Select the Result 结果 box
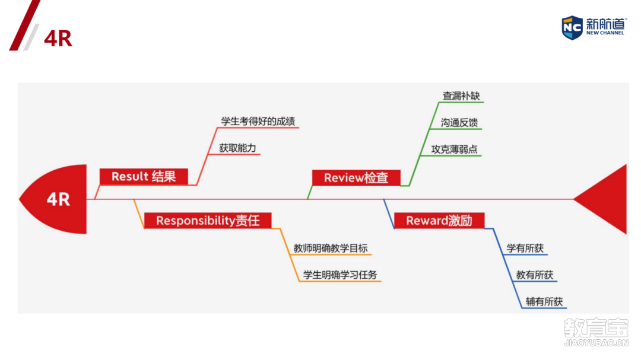point(143,176)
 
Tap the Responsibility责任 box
point(208,221)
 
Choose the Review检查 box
point(356,178)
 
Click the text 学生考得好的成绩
point(258,122)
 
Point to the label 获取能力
point(237,148)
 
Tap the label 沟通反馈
point(459,123)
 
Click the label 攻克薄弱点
point(455,149)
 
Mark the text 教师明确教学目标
point(334,249)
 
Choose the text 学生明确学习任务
point(340,275)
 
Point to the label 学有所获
point(525,249)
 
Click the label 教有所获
point(535,275)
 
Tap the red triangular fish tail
point(605,199)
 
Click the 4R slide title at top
point(58,39)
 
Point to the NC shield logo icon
point(572,27)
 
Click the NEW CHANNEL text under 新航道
point(605,33)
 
